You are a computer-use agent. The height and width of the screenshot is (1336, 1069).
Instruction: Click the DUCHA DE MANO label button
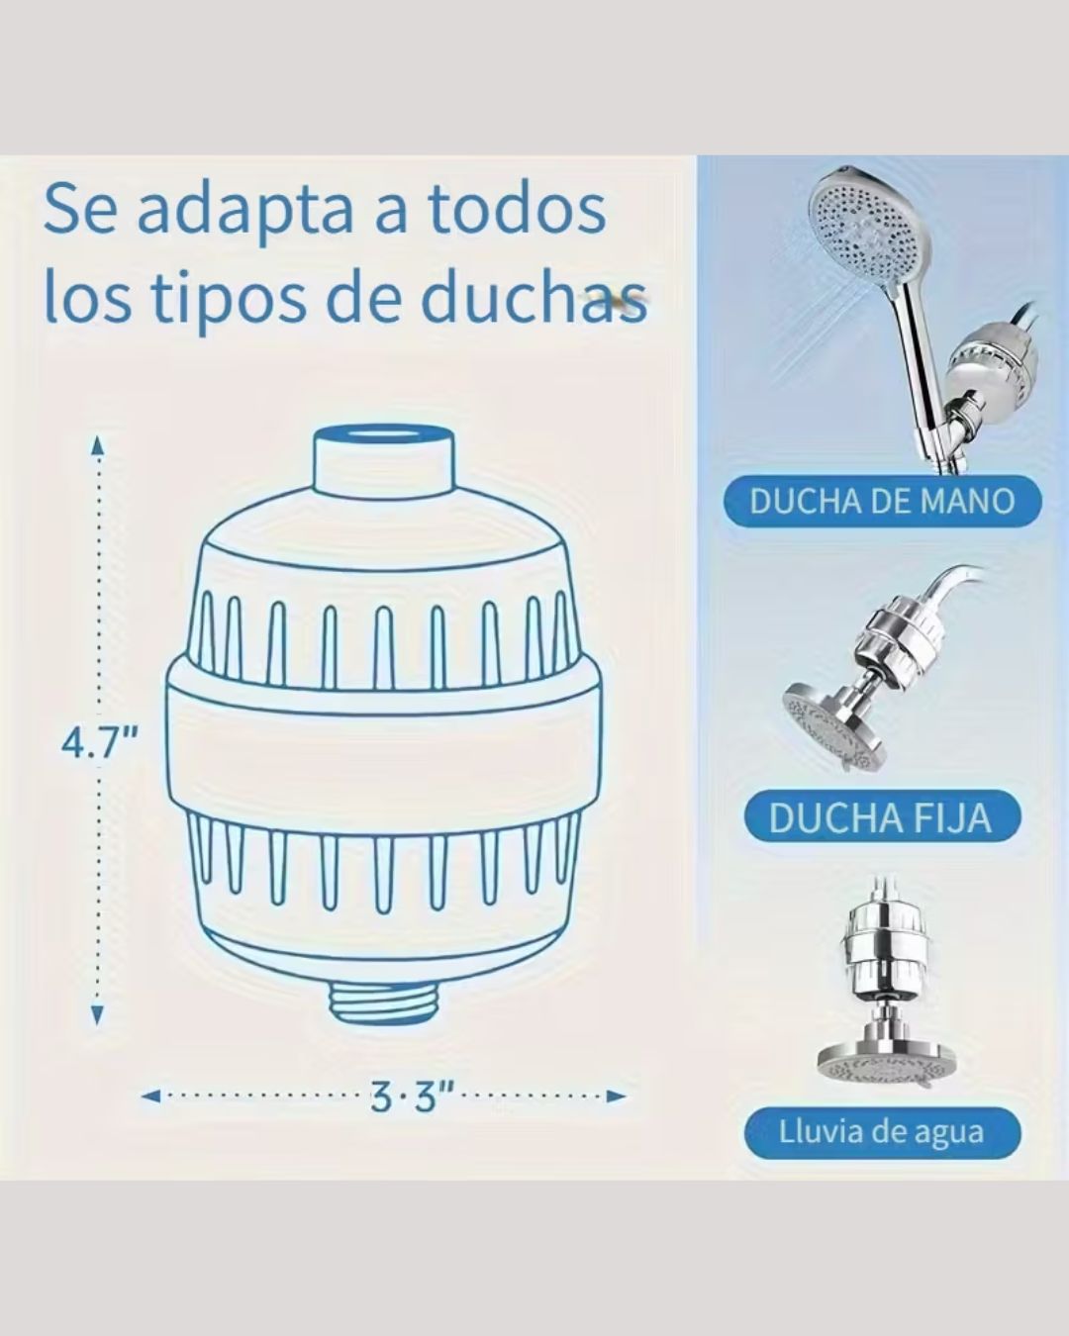(x=882, y=501)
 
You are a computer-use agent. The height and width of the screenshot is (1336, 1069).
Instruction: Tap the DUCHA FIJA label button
(x=880, y=817)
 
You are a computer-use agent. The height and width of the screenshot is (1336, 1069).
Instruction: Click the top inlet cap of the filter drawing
(x=382, y=458)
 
